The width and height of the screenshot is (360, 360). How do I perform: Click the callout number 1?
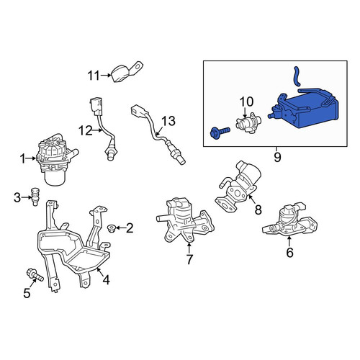[x=22, y=159]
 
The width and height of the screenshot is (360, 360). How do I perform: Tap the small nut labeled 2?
[x=112, y=228]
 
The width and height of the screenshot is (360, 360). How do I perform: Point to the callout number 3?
[x=17, y=198]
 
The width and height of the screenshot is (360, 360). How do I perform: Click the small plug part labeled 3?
[x=35, y=197]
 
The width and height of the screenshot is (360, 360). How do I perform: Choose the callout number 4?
[x=106, y=280]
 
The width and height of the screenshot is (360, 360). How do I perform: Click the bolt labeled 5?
[x=35, y=276]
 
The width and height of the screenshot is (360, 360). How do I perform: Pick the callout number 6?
[x=289, y=253]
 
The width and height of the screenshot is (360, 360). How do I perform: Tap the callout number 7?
[x=189, y=259]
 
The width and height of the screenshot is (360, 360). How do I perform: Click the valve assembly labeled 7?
[x=185, y=220]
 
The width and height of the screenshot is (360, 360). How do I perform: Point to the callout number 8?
[x=258, y=210]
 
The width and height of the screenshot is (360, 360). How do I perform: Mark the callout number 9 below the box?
[x=277, y=158]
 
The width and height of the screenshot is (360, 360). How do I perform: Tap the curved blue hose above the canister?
[x=297, y=76]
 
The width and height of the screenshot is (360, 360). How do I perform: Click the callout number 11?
[x=94, y=76]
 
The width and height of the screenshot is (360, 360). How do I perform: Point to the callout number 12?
[x=86, y=131]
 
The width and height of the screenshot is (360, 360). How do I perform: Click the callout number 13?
[x=168, y=121]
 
